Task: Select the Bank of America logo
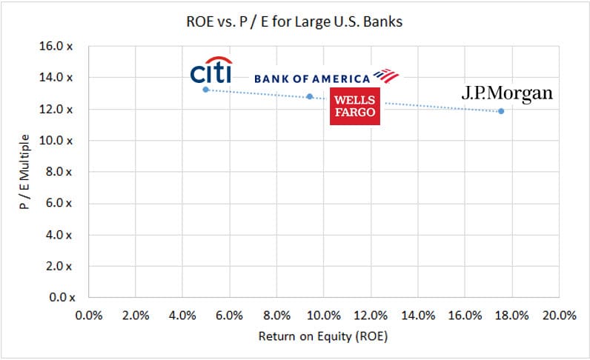pyautogui.click(x=326, y=78)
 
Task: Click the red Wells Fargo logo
pyautogui.click(x=354, y=105)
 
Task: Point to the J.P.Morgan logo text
pyautogui.click(x=507, y=94)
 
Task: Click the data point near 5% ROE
pyautogui.click(x=205, y=90)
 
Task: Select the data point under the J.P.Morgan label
pyautogui.click(x=501, y=111)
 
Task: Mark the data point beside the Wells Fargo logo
pyautogui.click(x=310, y=96)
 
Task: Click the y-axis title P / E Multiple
pyautogui.click(x=25, y=172)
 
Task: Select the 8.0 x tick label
pyautogui.click(x=62, y=172)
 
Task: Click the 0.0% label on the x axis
pyautogui.click(x=89, y=315)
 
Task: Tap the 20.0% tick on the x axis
pyautogui.click(x=559, y=315)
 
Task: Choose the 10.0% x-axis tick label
pyautogui.click(x=324, y=315)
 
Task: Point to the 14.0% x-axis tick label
pyautogui.click(x=418, y=315)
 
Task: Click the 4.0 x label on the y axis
pyautogui.click(x=62, y=235)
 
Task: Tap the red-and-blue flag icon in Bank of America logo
pyautogui.click(x=385, y=76)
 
